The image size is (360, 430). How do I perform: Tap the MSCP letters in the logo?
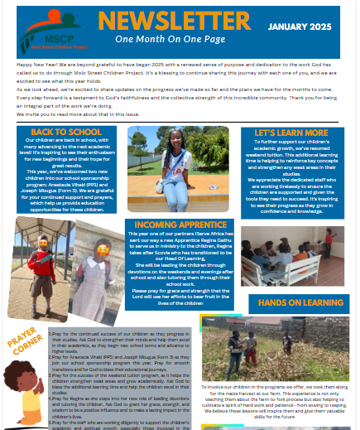pos(41,38)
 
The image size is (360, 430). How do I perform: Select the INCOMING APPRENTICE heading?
pos(175,224)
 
